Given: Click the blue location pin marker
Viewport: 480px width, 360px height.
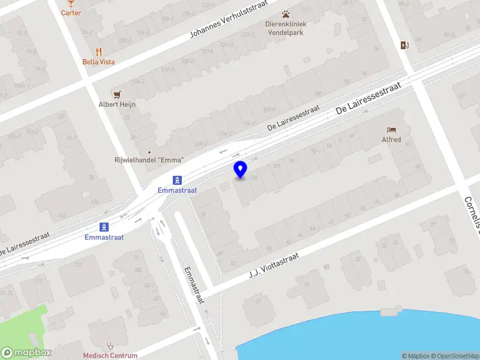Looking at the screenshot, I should (x=240, y=169).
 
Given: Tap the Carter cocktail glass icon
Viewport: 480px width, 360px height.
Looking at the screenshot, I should (x=71, y=3).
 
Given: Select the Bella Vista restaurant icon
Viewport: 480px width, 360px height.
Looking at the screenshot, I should (x=99, y=52).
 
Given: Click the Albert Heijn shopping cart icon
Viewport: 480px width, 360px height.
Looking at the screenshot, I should (x=117, y=94).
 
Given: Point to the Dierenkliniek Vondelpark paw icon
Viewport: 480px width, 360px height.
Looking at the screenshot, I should (x=286, y=14).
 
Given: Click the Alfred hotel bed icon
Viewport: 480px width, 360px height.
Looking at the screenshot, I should (x=391, y=130).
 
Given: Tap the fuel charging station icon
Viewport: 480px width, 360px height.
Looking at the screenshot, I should (x=405, y=44).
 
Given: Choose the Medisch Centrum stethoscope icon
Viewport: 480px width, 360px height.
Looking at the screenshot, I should (x=110, y=346).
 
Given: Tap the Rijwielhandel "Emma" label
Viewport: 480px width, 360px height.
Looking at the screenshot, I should (x=149, y=160).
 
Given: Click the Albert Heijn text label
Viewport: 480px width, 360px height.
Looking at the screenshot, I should (x=117, y=104).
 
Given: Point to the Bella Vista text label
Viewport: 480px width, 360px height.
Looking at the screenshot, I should (x=99, y=62).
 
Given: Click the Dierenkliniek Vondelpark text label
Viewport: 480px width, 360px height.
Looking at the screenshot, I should (x=286, y=28).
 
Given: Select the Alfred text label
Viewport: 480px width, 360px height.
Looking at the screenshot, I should (x=391, y=140).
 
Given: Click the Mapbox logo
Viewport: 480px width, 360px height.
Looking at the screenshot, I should (x=26, y=352).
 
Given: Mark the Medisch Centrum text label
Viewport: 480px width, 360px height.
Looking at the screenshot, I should (x=110, y=356).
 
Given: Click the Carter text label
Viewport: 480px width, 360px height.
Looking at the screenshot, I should (x=71, y=13).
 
